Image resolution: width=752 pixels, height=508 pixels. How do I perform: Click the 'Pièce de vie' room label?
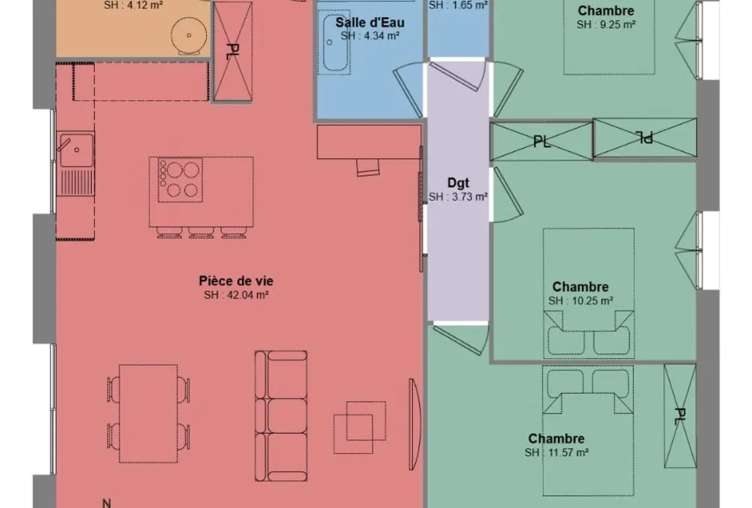pyautogui.click(x=236, y=281)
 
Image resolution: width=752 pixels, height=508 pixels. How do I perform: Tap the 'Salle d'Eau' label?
pyautogui.click(x=370, y=23)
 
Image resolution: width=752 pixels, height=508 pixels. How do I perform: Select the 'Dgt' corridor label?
pyautogui.click(x=458, y=183)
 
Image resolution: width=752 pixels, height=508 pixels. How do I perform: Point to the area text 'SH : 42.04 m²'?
pyautogui.click(x=236, y=295)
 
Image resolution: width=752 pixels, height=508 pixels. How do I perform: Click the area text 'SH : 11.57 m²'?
pyautogui.click(x=556, y=452)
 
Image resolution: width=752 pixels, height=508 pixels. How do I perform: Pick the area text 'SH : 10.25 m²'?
pyautogui.click(x=581, y=301)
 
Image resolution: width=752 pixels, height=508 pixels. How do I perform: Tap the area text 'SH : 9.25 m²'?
pyautogui.click(x=606, y=25)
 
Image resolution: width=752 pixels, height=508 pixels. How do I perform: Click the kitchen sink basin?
pyautogui.click(x=77, y=150)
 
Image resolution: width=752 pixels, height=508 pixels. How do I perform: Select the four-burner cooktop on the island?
pyautogui.click(x=180, y=180)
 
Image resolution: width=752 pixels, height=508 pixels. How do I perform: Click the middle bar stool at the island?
pyautogui.click(x=202, y=233)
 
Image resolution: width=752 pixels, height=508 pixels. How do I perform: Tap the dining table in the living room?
pyautogui.click(x=148, y=413)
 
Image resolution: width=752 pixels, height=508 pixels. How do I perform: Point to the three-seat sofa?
pyautogui.click(x=281, y=416)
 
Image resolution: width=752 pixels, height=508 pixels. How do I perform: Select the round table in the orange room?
pyautogui.click(x=190, y=35)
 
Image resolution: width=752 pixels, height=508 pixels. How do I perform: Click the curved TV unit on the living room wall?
pyautogui.click(x=415, y=424)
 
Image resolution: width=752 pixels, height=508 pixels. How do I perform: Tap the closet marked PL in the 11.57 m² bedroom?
pyautogui.click(x=680, y=416)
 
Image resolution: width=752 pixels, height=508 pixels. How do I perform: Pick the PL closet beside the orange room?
pyautogui.click(x=232, y=51)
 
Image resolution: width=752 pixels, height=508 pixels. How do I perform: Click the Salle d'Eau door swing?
pyautogui.click(x=408, y=90)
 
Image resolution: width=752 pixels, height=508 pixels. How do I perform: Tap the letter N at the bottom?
pyautogui.click(x=107, y=503)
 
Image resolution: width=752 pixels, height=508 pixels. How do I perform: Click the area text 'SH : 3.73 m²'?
pyautogui.click(x=458, y=197)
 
